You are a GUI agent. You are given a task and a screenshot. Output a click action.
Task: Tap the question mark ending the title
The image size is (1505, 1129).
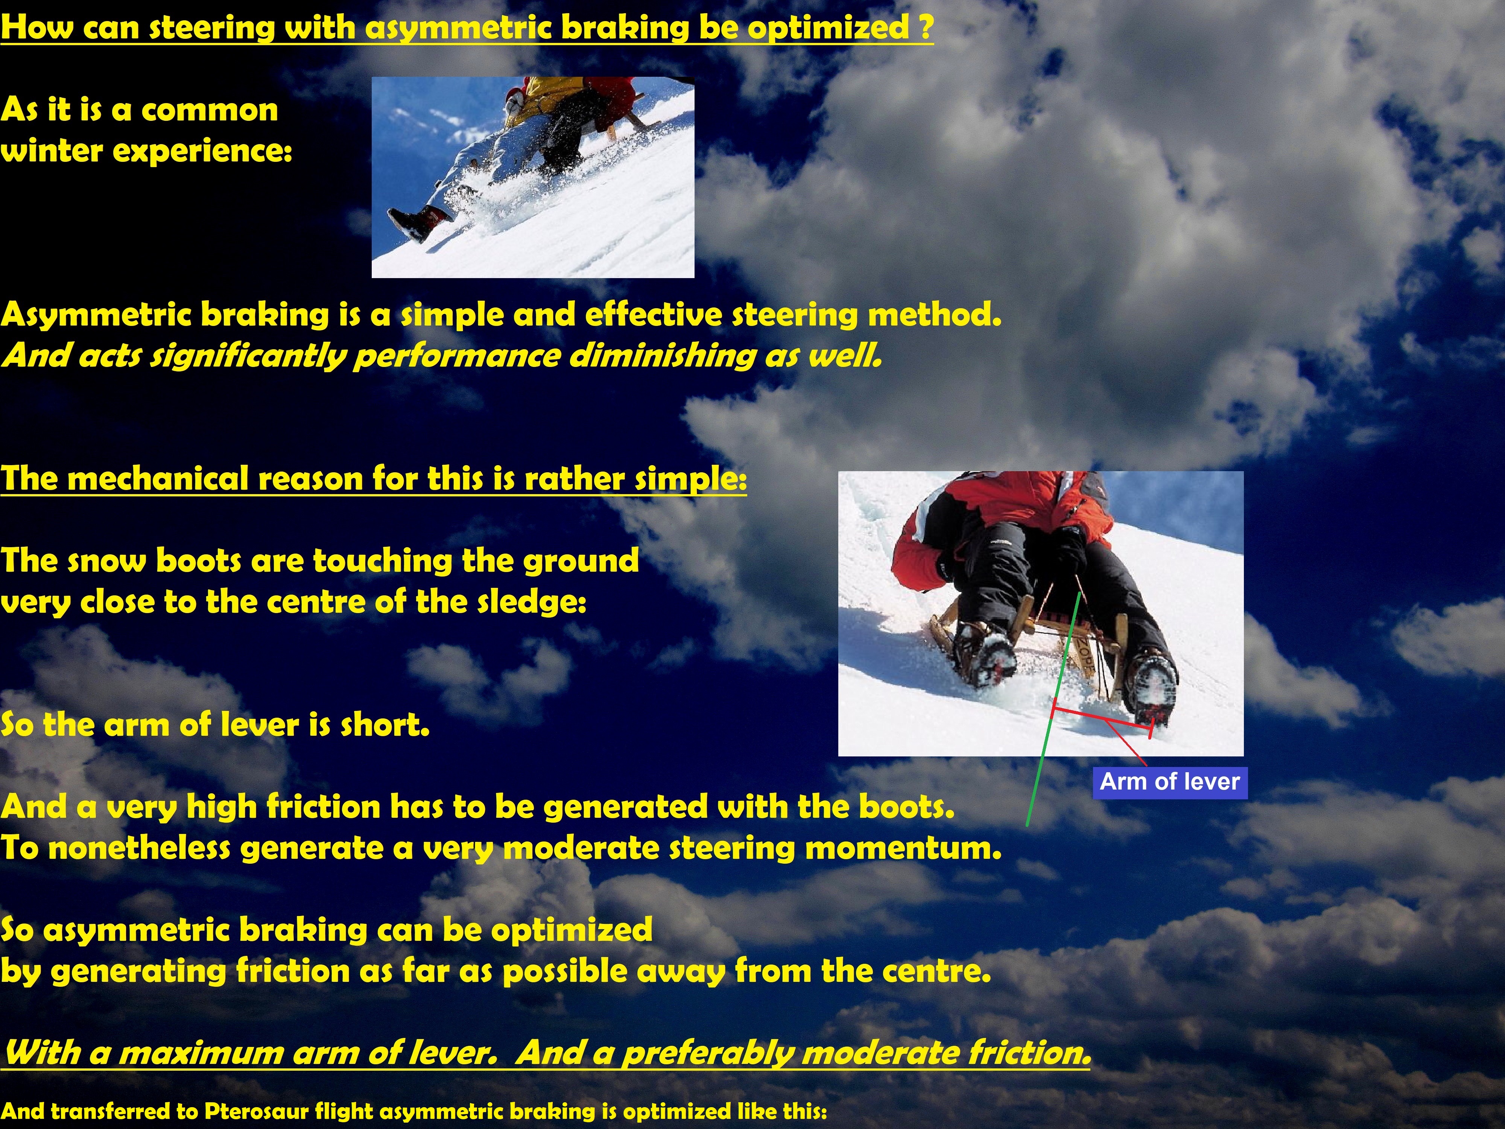click(x=925, y=27)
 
